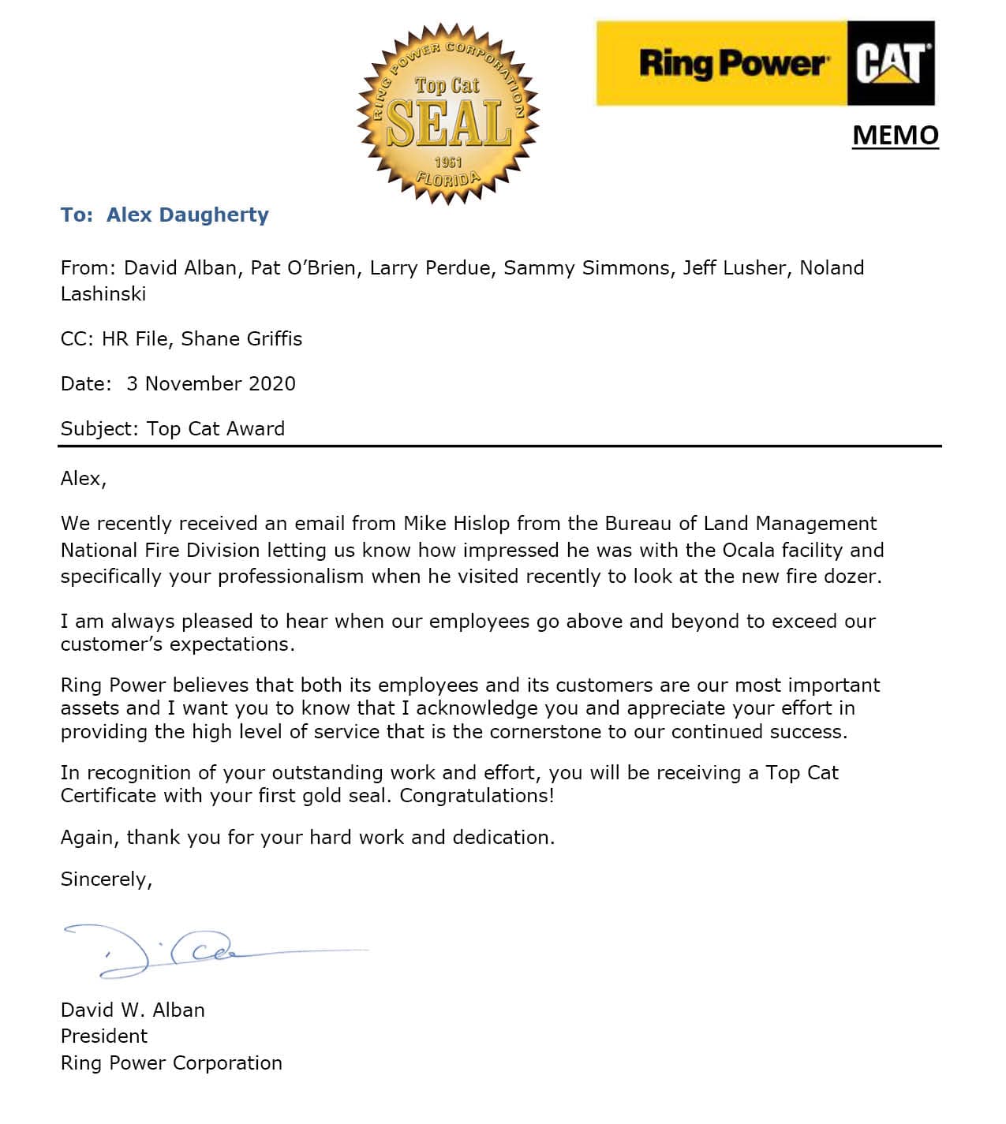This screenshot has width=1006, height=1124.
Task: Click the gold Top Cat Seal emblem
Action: pyautogui.click(x=447, y=114)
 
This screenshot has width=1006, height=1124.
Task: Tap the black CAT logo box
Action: pyautogui.click(x=891, y=63)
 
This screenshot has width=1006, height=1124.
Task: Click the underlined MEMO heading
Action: pyautogui.click(x=895, y=135)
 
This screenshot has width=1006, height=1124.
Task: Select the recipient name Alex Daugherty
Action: pyautogui.click(x=188, y=215)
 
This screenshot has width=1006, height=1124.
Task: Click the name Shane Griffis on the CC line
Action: pyautogui.click(x=241, y=339)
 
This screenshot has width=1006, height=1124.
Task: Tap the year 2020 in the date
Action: pyautogui.click(x=272, y=384)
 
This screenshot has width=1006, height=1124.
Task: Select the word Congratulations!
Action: pyautogui.click(x=477, y=795)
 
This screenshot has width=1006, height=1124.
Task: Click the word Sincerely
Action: pyautogui.click(x=106, y=879)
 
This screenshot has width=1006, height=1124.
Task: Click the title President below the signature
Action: pyautogui.click(x=104, y=1036)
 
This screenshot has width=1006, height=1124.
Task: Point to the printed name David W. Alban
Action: pyautogui.click(x=133, y=1010)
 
